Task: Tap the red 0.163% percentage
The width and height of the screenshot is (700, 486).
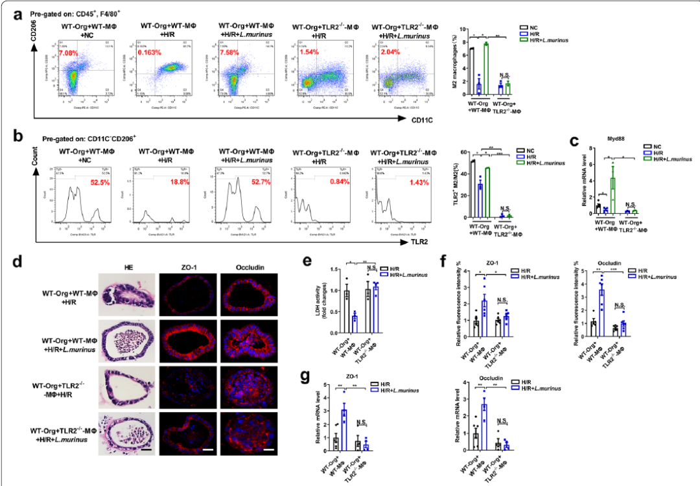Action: coord(150,52)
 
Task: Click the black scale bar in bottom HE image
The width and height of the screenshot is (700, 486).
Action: coord(147,448)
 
